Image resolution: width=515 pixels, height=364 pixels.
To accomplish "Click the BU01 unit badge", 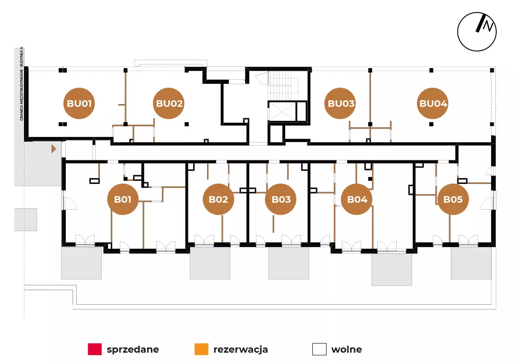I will (79, 104).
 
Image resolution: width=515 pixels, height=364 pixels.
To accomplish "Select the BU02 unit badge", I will (169, 104).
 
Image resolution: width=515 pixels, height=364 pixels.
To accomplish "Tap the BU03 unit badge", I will (341, 104).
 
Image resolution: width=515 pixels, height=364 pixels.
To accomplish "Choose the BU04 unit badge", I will (433, 104).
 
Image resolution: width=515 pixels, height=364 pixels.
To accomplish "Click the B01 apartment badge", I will (123, 200).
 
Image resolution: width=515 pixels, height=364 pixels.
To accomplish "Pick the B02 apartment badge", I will (218, 200).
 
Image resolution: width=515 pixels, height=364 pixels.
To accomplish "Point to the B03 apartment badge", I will (281, 200).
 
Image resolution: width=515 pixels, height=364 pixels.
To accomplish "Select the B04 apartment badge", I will (357, 200).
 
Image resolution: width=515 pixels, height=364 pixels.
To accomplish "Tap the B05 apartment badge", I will (453, 200).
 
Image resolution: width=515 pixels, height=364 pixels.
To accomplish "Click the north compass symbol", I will (477, 31).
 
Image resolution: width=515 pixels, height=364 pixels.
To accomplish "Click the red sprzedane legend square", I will (94, 349).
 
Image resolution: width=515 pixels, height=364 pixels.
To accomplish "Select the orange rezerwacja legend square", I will (201, 349).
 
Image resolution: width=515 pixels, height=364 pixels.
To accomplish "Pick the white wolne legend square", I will (319, 349).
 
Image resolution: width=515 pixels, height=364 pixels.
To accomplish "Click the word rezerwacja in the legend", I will (241, 349).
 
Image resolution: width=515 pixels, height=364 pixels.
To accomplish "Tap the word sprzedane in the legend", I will (133, 349).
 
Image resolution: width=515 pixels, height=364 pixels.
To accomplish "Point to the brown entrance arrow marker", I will (54, 149).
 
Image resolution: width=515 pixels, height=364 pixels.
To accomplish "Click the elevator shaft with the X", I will (281, 111).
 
